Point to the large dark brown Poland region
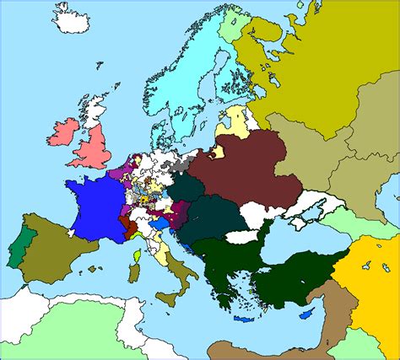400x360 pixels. [x=245, y=169]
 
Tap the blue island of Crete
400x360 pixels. [x=246, y=320]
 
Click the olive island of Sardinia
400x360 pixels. [x=134, y=272]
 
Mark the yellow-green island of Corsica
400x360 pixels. [x=136, y=253]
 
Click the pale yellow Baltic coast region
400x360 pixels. [x=237, y=119]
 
